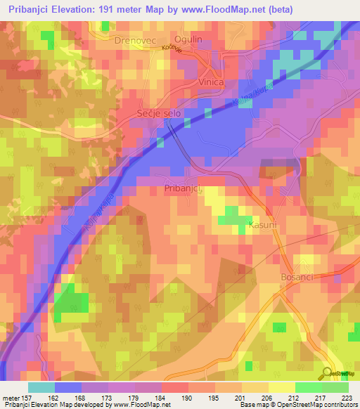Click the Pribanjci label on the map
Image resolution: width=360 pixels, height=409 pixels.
[183, 188]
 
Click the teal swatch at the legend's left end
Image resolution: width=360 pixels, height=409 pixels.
[41, 387]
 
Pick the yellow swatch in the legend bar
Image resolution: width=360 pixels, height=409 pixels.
[281, 387]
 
